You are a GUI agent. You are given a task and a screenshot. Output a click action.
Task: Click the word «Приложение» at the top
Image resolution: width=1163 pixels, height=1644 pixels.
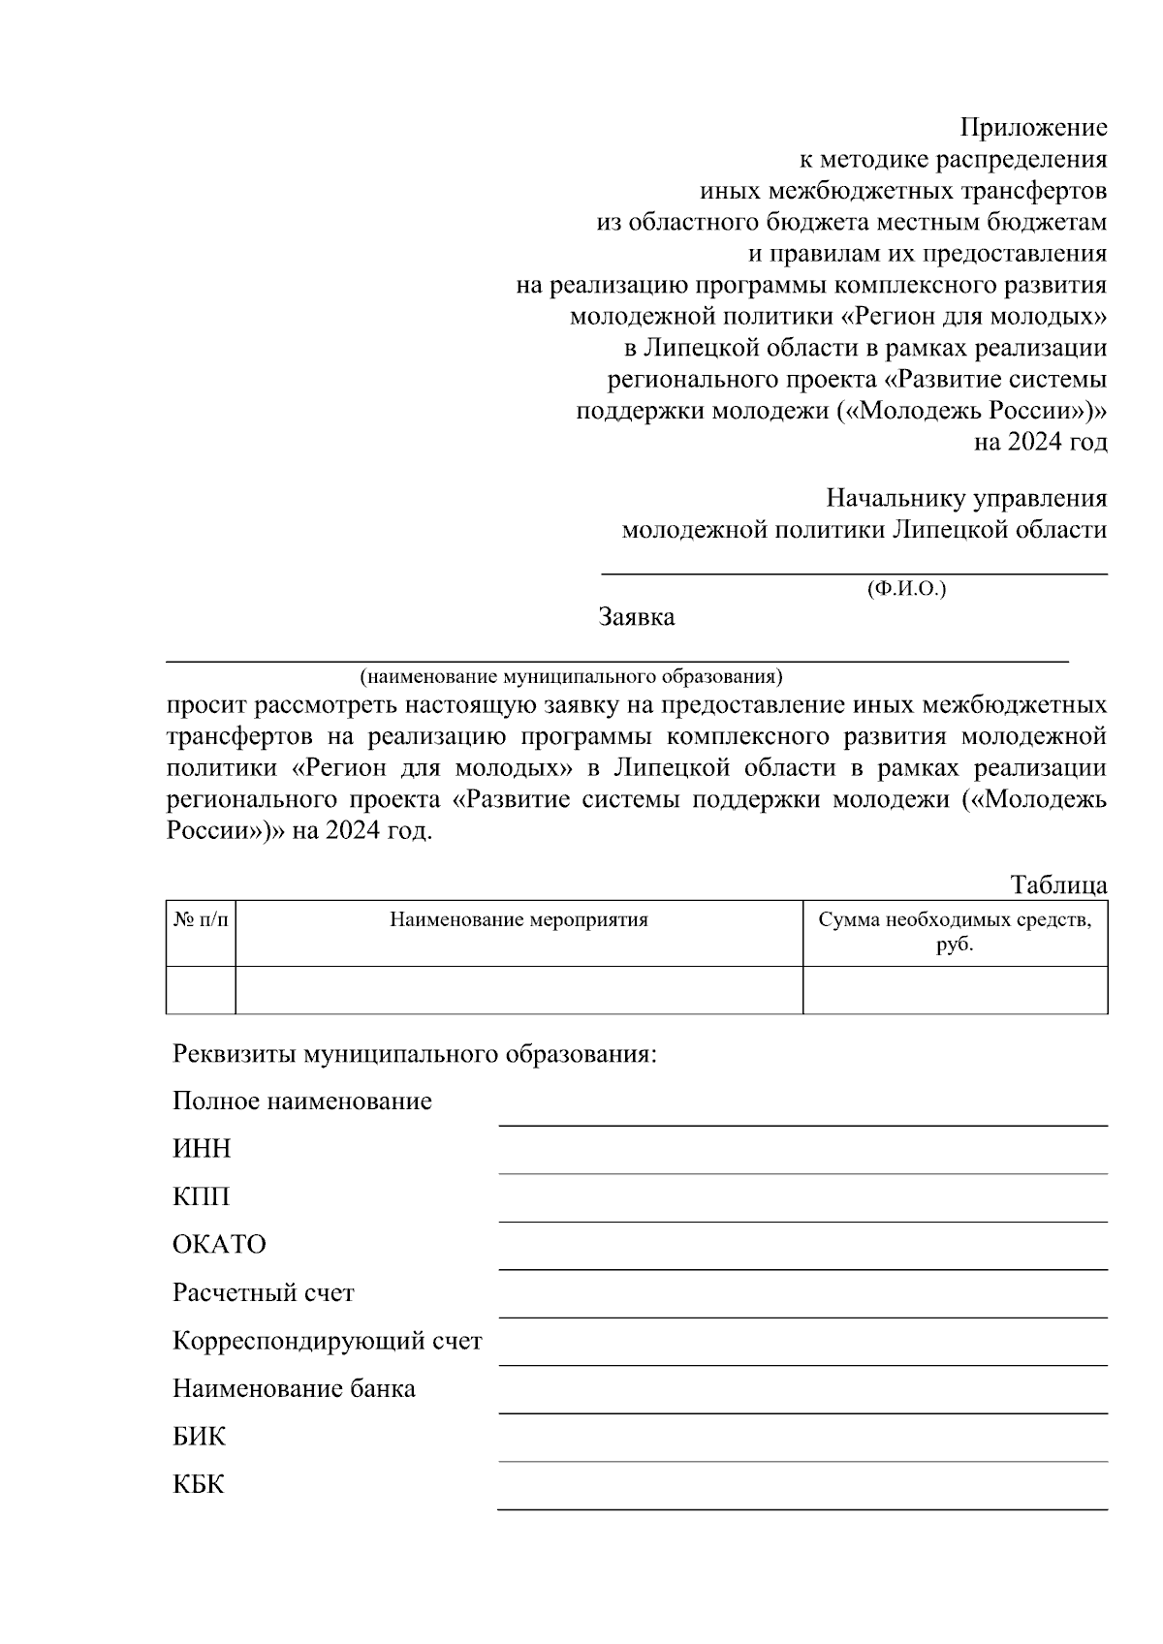[1033, 127]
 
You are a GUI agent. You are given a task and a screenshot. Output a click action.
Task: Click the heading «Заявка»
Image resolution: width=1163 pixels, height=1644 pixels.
[637, 617]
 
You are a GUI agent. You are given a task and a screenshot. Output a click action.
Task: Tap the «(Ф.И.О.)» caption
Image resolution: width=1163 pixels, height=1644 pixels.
[906, 588]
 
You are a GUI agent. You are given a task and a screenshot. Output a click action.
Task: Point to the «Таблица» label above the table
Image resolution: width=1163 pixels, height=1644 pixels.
[1058, 884]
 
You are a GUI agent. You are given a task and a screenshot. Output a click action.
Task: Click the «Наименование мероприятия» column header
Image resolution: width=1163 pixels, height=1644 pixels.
[519, 919]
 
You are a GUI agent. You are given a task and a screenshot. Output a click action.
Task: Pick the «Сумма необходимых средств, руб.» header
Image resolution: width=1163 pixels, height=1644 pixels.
[955, 932]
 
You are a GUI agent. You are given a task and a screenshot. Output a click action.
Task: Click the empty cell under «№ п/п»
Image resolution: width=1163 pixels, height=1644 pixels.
[201, 989]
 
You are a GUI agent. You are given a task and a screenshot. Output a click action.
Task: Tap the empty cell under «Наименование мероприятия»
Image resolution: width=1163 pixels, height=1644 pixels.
[519, 989]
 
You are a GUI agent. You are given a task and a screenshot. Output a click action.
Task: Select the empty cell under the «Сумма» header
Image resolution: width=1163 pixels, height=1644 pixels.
[955, 989]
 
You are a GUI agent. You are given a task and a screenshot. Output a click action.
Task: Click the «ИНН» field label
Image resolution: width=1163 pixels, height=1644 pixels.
[202, 1149]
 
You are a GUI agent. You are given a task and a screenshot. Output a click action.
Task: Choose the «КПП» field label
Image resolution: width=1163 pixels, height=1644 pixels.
[202, 1197]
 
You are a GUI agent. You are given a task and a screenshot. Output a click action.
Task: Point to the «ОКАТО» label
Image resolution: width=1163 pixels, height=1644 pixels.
[219, 1245]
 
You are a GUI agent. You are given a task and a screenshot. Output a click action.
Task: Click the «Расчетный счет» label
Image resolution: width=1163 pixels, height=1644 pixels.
[264, 1293]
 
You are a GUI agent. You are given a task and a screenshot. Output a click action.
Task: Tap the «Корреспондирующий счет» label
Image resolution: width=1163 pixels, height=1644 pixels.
[327, 1341]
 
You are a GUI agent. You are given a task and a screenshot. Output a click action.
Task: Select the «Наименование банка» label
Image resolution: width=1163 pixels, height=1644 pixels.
[294, 1389]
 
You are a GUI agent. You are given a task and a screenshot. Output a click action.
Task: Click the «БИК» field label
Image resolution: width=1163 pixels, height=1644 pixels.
[199, 1437]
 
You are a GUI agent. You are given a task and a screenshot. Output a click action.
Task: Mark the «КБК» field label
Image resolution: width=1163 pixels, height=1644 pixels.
[198, 1485]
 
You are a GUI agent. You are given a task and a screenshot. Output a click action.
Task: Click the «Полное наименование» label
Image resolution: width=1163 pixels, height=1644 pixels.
[301, 1101]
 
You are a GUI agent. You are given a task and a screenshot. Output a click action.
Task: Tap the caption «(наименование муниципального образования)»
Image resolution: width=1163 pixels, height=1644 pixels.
[571, 675]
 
